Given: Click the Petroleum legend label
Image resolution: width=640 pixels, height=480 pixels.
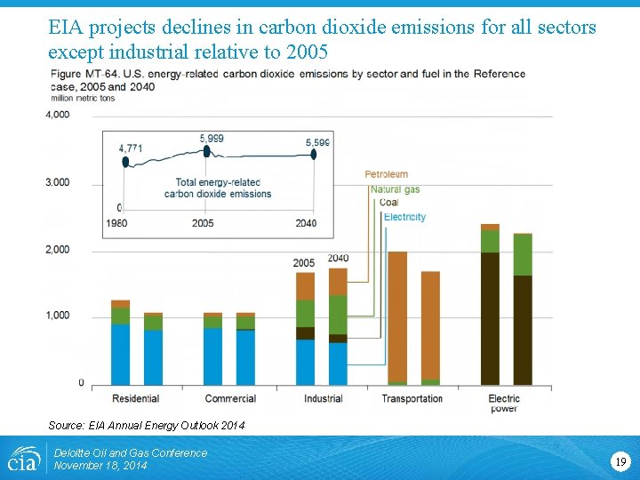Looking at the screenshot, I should pyautogui.click(x=386, y=174).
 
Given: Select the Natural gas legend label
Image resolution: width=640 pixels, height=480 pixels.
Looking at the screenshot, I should pyautogui.click(x=395, y=188).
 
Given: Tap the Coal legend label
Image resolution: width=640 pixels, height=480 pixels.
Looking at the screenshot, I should pyautogui.click(x=388, y=203).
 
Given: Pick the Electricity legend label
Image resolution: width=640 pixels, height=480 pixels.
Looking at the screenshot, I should pyautogui.click(x=404, y=217).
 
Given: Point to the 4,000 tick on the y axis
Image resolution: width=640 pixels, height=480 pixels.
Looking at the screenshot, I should pyautogui.click(x=58, y=115).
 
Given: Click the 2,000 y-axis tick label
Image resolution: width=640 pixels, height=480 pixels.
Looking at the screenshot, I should pyautogui.click(x=58, y=250).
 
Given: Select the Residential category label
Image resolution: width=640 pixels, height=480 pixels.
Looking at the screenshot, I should pyautogui.click(x=137, y=398).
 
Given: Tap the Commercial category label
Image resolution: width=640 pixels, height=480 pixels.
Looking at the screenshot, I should pyautogui.click(x=230, y=398).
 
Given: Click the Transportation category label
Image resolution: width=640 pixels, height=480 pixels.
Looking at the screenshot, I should pyautogui.click(x=412, y=398).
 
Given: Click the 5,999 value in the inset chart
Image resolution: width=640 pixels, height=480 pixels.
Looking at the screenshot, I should pyautogui.click(x=212, y=139).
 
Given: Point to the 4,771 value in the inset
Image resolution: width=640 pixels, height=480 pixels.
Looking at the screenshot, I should pyautogui.click(x=131, y=148).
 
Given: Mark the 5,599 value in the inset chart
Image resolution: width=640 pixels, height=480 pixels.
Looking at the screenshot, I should pyautogui.click(x=317, y=142).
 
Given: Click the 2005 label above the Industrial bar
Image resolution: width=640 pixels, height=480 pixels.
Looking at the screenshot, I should pyautogui.click(x=304, y=263).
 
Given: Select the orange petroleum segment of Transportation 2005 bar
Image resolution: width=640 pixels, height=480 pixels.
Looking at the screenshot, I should pyautogui.click(x=397, y=316).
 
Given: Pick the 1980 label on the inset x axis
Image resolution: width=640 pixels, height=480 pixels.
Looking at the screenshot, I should pyautogui.click(x=116, y=223).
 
